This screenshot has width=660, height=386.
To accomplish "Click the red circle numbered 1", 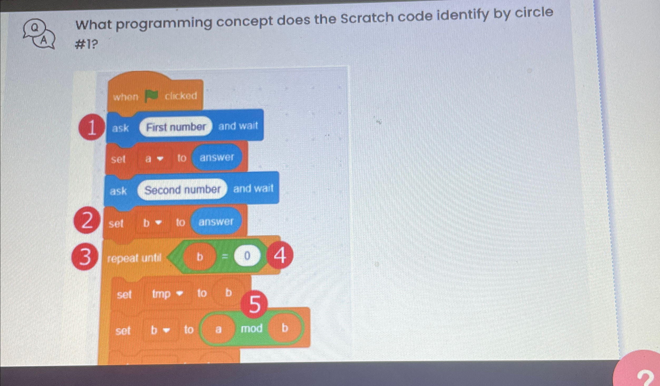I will pos(91,127).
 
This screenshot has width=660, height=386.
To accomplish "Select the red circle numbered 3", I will pos(85,257).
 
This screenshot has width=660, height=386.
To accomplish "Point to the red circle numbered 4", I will pos(280,255).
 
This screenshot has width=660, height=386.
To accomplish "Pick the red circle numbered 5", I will pos(254,304).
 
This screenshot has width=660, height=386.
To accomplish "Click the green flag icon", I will pos(151,96).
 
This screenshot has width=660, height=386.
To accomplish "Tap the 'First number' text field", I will pos(176,127).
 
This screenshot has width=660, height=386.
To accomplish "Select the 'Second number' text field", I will pos(182,189).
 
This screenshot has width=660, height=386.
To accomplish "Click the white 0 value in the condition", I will pos(247,255).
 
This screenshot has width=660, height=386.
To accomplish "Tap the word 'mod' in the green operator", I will pos(252,329).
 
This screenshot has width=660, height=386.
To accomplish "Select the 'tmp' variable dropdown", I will pos(167,294).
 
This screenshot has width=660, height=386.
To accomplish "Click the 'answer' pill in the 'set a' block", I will pos(217,157).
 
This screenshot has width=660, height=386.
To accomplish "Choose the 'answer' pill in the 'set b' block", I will pos(216,221).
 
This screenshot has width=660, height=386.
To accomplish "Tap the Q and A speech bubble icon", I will pos(39,35).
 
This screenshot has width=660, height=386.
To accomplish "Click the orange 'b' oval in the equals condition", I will pos(200,256).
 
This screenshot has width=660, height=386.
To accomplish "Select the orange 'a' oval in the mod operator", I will pos(218,329).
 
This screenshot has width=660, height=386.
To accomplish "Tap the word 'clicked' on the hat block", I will pos(181,96).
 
